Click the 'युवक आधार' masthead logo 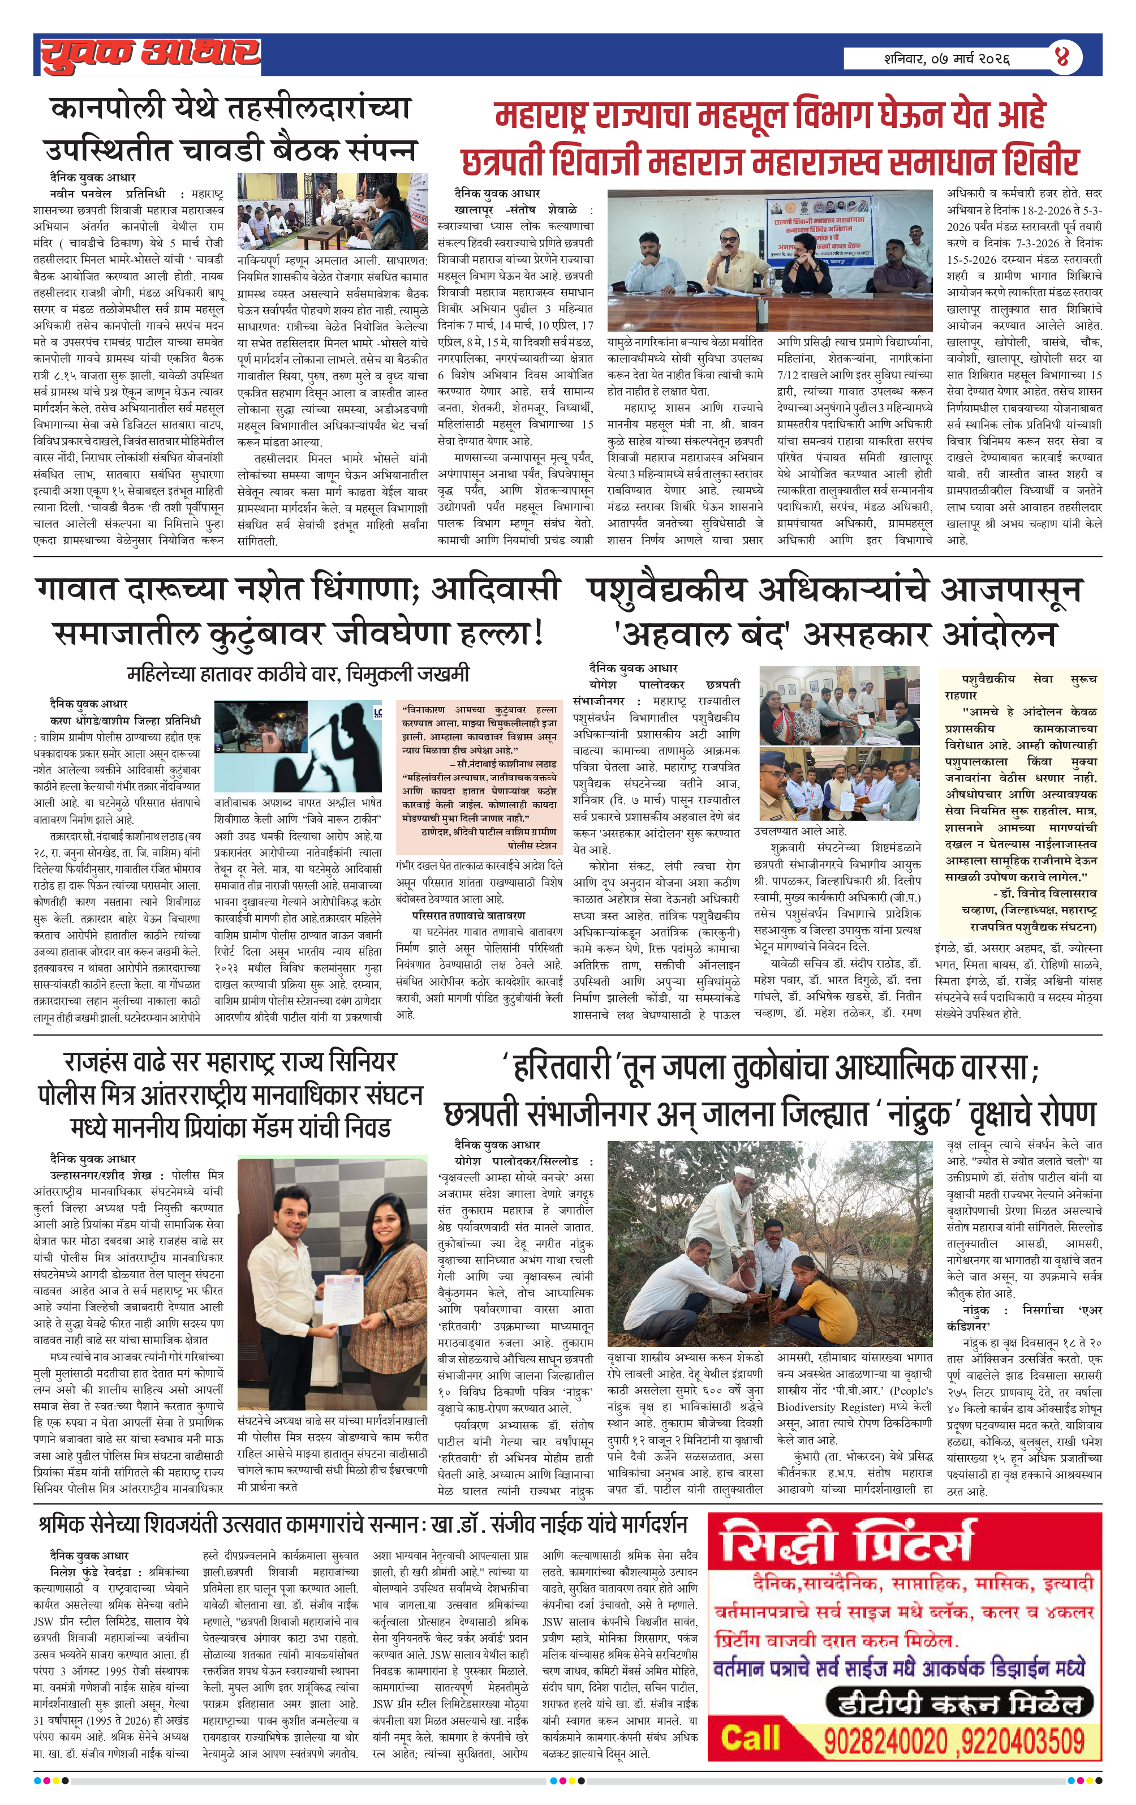(x=150, y=54)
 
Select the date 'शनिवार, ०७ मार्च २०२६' (x=946, y=58)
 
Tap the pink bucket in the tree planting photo (x=741, y=1271)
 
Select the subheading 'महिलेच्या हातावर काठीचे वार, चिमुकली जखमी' (x=298, y=673)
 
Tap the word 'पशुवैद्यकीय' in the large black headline (x=666, y=590)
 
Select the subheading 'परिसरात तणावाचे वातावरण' (x=468, y=915)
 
